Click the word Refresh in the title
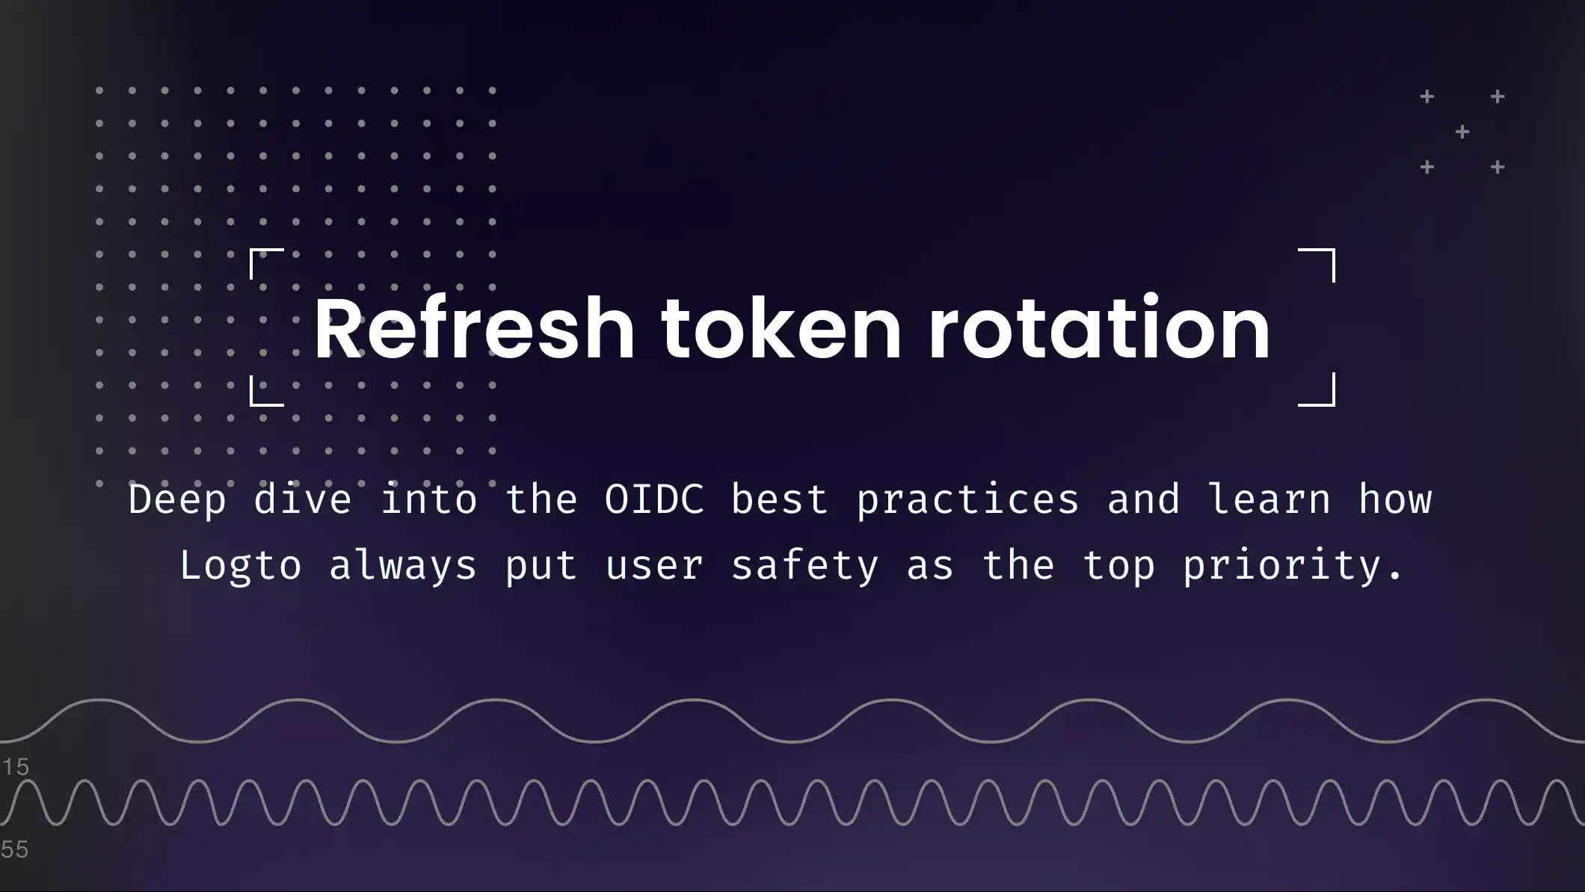click(x=473, y=329)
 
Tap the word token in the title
click(x=781, y=329)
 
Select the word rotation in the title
click(x=1099, y=329)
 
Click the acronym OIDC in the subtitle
click(x=654, y=499)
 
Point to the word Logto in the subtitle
click(x=241, y=565)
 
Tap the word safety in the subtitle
click(x=804, y=565)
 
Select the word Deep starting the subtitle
click(x=177, y=499)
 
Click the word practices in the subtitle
click(x=967, y=499)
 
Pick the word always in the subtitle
click(x=403, y=565)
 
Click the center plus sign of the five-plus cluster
click(x=1462, y=132)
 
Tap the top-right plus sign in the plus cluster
click(x=1498, y=96)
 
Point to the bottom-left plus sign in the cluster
click(x=1427, y=167)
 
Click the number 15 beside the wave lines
click(x=15, y=767)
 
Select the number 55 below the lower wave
click(x=15, y=850)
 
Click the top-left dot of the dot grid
click(x=99, y=90)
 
